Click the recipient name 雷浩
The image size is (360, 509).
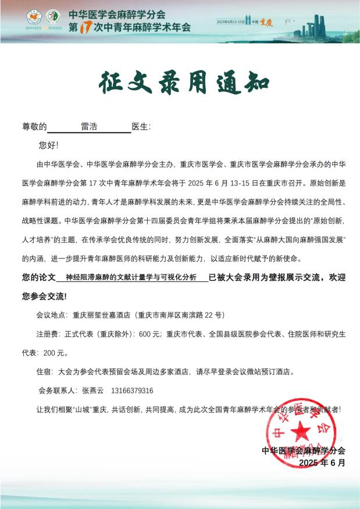coord(88,127)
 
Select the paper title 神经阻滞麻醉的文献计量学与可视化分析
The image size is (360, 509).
coord(131,278)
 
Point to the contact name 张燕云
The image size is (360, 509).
coord(92,390)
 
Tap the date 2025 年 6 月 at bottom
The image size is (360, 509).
coord(322,463)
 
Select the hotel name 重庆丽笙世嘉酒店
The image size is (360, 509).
coord(102,316)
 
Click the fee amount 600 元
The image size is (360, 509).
coord(149,334)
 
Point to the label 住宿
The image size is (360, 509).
coord(44,371)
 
